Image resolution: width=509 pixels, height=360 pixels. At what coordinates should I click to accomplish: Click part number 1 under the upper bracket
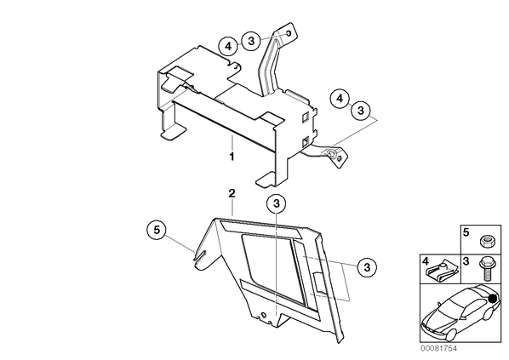pos(232,157)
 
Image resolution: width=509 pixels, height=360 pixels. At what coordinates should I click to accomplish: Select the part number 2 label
pos(232,194)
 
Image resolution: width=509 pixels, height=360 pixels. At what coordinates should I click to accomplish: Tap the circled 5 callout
pos(157,230)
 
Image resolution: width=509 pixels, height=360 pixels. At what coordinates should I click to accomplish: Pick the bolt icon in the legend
pos(485,269)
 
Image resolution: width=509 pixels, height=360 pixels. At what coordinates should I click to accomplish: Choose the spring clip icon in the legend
pos(442,272)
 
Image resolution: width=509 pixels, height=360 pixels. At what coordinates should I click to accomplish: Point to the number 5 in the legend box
pos(466,232)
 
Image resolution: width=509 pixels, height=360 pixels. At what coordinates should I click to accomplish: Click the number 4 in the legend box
pos(426,260)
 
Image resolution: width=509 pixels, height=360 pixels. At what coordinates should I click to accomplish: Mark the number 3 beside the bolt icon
pos(466,261)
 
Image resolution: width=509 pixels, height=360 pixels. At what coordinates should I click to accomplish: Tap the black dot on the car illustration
pos(493,299)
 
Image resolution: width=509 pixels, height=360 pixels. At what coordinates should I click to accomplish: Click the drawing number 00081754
pos(438,348)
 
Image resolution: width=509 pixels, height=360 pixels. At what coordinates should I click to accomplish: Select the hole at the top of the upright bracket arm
pos(288,33)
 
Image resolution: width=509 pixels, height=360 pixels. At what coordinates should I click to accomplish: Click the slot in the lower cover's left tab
pos(201,254)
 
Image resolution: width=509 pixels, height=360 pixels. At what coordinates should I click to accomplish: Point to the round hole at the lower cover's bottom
pos(263,315)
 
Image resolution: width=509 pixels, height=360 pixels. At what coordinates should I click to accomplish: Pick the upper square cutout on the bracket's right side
pos(305,117)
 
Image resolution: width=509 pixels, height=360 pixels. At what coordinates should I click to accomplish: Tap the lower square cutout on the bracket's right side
pos(305,141)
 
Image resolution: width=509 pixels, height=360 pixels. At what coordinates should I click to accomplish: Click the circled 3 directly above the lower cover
pos(277,204)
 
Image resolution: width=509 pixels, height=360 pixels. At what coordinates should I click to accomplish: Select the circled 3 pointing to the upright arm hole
pos(252,41)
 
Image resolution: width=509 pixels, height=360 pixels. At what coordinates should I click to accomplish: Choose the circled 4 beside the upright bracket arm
pos(228,47)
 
